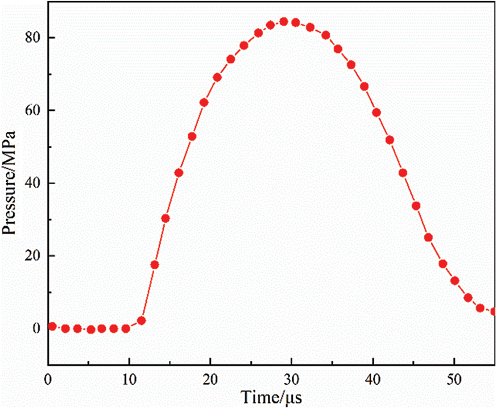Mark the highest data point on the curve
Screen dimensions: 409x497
(x=284, y=22)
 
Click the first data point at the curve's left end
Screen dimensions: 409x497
(x=52, y=326)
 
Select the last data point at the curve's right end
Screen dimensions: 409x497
(x=494, y=311)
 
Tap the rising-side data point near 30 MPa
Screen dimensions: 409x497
(x=165, y=219)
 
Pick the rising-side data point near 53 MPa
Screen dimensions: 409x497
(x=192, y=136)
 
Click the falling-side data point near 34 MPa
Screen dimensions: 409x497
(x=416, y=206)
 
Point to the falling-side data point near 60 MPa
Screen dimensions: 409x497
(x=376, y=112)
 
